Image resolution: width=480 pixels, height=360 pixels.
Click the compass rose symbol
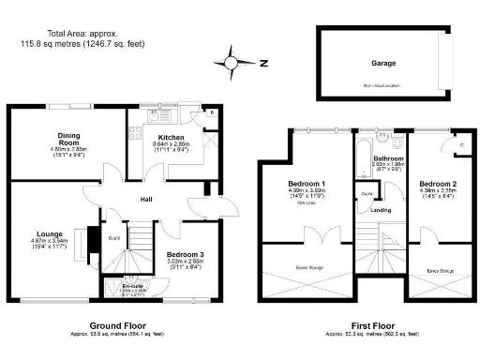[230, 64]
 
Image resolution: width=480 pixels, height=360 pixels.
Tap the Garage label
[382, 64]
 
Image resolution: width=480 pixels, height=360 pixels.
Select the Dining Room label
[68, 135]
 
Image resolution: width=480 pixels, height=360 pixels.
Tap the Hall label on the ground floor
[147, 199]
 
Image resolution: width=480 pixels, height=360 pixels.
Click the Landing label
[382, 210]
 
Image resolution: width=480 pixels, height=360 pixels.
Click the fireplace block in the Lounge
[92, 239]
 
